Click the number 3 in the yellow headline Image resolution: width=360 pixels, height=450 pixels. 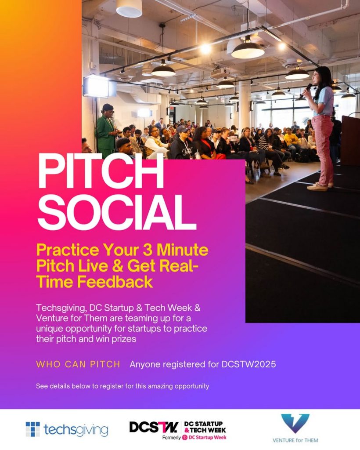click(x=148, y=250)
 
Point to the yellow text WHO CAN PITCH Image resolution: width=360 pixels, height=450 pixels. click(x=78, y=364)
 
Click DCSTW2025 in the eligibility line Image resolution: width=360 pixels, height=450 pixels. click(x=249, y=364)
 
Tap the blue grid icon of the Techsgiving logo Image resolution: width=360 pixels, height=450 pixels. click(x=32, y=429)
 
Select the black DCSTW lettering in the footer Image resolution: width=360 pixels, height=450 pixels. click(x=154, y=427)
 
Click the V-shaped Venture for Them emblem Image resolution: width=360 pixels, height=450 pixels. click(x=295, y=423)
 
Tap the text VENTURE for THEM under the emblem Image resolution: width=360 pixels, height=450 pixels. click(x=295, y=440)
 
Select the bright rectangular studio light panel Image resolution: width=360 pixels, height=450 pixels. click(x=99, y=86)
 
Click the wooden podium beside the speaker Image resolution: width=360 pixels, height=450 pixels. click(x=350, y=140)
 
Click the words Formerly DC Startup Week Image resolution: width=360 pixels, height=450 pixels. click(x=194, y=438)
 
